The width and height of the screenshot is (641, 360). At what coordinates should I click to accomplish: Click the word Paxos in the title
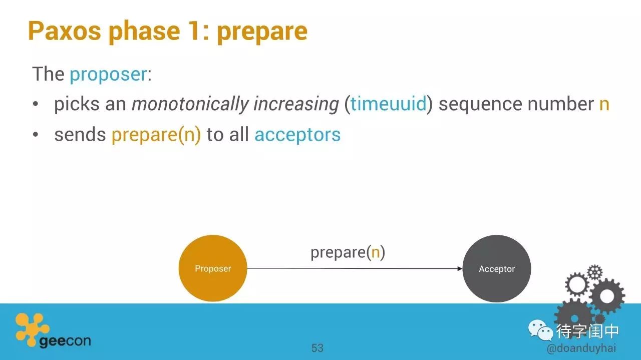(65, 31)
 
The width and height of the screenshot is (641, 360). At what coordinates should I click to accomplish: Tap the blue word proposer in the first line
(108, 75)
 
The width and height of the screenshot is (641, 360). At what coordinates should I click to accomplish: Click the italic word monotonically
(190, 104)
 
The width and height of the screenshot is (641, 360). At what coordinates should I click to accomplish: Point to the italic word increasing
(296, 104)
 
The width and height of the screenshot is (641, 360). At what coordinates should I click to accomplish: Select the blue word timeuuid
(389, 103)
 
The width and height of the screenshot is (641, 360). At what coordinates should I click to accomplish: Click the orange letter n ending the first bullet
(604, 104)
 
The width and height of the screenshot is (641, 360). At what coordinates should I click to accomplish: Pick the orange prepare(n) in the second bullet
(156, 135)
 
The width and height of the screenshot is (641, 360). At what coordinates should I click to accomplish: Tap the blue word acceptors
(297, 135)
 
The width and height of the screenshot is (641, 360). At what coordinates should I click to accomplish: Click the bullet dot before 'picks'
(35, 104)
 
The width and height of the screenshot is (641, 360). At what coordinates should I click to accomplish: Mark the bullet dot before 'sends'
(35, 134)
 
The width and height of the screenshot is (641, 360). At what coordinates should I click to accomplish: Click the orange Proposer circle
(213, 268)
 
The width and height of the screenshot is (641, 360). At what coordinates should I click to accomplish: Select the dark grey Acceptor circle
(497, 269)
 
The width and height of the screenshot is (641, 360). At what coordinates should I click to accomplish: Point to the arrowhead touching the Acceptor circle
(460, 269)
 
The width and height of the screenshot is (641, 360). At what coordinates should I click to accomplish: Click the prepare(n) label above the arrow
(348, 253)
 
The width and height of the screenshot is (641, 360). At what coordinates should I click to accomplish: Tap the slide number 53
(317, 348)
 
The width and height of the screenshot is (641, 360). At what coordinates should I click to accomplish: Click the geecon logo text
(65, 341)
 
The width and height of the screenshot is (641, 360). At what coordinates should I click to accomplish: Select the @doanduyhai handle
(581, 348)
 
